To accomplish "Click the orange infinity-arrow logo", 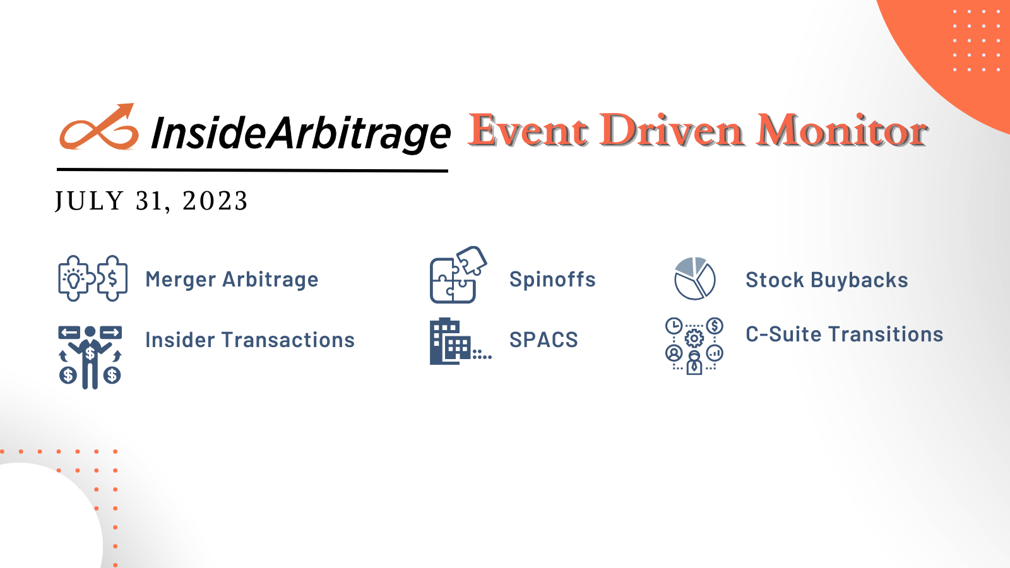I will [99, 128].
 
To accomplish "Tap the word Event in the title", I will [529, 131].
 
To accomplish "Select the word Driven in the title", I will [672, 131].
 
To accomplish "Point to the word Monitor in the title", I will [842, 131].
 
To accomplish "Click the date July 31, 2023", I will [151, 201].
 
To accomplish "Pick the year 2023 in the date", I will [215, 201].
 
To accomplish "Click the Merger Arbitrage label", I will [232, 280].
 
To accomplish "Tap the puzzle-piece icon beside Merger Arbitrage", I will [93, 278].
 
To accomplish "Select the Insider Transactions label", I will [250, 340].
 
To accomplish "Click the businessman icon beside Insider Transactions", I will [90, 357].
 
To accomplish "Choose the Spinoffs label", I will [552, 280].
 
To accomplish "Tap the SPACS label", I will [544, 340].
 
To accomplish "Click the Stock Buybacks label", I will [827, 280].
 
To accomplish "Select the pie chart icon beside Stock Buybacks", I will [694, 278].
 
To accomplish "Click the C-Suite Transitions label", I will [845, 334].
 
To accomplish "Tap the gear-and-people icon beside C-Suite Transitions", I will [694, 345].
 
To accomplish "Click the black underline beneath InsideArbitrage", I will [252, 170].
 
